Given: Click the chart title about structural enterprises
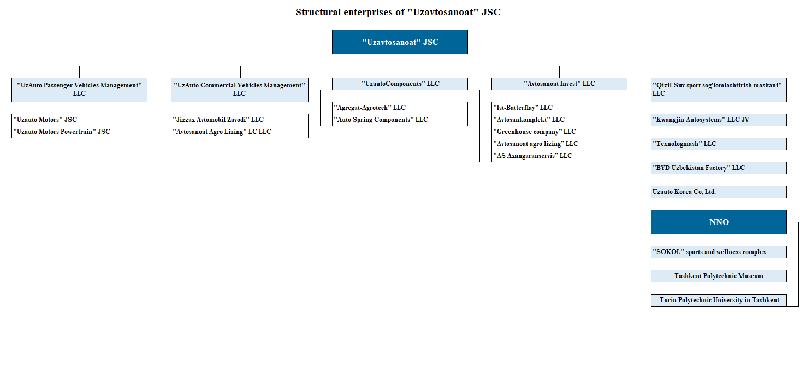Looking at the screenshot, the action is [x=398, y=12].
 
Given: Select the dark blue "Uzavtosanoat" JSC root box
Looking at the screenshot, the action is [x=400, y=42].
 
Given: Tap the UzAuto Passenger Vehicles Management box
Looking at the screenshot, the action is [x=79, y=90].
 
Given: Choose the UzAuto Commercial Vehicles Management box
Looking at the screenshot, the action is [x=240, y=90].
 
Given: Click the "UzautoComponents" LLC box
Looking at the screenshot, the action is [x=400, y=84].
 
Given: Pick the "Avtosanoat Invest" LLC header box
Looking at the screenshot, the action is [x=559, y=84].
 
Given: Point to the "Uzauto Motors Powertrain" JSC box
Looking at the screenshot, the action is [x=79, y=132].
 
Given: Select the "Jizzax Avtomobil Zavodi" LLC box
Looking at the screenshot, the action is [x=240, y=120].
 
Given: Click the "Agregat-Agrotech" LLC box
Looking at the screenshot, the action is [x=400, y=108].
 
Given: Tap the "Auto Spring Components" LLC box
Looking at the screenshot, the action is [x=400, y=120].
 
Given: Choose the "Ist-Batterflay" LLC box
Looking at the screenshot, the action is [x=559, y=108].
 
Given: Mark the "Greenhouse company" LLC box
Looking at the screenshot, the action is [x=559, y=132].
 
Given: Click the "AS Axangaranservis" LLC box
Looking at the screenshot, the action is [x=559, y=156].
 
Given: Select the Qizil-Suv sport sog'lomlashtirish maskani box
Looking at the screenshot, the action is [x=719, y=90].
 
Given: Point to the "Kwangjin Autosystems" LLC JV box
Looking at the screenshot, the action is [x=719, y=120].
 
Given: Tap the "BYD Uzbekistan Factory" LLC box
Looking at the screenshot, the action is [x=719, y=168].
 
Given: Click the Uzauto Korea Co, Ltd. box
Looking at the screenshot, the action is [x=719, y=192].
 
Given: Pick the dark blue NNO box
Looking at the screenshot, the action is [x=719, y=222].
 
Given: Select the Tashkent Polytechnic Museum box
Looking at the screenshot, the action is [x=719, y=276].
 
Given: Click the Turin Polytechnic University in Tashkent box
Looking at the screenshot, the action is [x=719, y=300].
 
